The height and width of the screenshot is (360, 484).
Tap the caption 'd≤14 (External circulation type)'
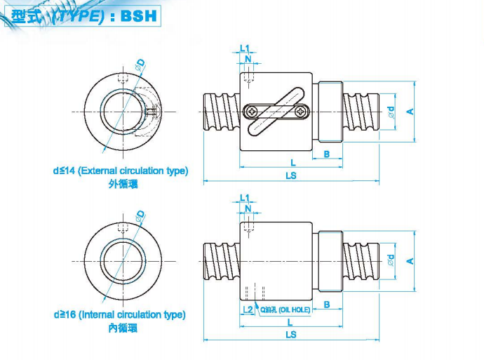tap(121, 171)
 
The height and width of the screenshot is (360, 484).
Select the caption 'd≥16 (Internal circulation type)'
tap(119, 315)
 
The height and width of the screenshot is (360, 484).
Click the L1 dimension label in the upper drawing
tap(245, 48)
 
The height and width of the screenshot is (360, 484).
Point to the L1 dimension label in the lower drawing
tap(245, 199)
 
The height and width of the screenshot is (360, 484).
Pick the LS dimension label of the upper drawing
tap(291, 176)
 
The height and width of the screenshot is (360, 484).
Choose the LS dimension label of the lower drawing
tap(291, 335)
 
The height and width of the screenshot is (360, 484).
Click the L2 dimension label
tap(247, 309)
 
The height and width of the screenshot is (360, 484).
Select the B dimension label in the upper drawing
tap(328, 154)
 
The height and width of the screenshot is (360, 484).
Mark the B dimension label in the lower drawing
tap(328, 305)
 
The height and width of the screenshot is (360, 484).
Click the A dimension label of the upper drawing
tap(410, 112)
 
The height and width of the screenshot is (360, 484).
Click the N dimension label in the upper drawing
tap(248, 59)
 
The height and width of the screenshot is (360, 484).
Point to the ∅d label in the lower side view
tap(391, 260)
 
